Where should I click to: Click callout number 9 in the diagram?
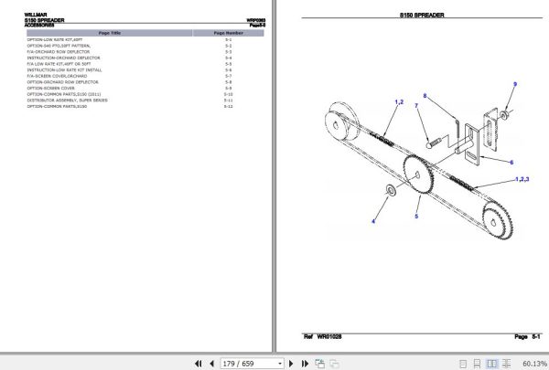coord(514,84)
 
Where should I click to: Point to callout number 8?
coord(425,96)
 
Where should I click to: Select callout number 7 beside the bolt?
coord(416,106)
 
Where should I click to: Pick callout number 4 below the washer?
coord(372,222)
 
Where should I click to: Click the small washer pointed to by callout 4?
coord(391,189)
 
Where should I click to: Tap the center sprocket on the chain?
coord(417,174)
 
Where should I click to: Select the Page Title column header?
coord(109,32)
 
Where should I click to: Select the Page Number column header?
coord(228,32)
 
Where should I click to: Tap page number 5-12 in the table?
coord(228,106)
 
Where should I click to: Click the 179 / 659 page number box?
coord(250,363)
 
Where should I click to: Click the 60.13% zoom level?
coord(534,363)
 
